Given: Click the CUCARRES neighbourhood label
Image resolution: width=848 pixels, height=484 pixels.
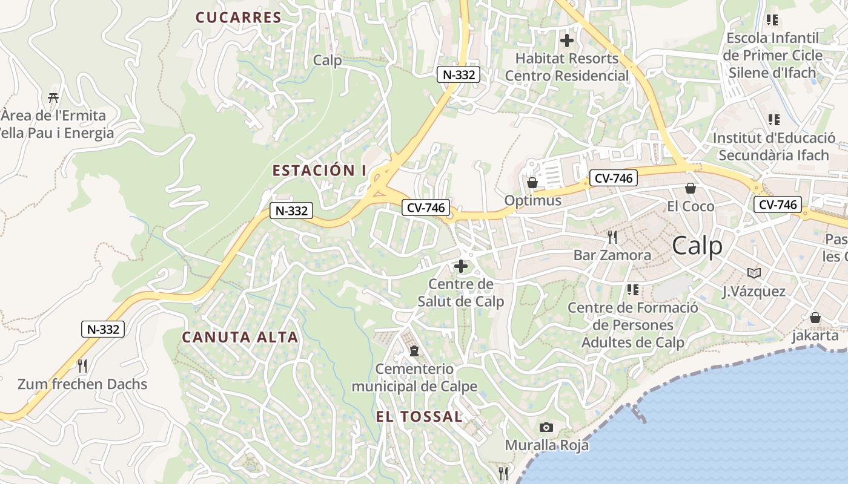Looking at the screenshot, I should (239, 17).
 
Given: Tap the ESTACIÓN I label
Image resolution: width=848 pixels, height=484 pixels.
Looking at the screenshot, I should (319, 171).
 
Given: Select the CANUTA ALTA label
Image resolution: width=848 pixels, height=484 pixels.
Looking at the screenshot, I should (240, 337).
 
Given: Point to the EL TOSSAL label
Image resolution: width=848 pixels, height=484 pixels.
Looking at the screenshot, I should (419, 416).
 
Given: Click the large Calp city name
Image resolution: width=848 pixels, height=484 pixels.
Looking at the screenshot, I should (697, 246).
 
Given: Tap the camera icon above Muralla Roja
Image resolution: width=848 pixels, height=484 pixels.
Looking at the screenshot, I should (546, 427).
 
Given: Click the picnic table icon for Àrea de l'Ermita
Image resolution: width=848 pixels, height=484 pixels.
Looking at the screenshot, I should (53, 97).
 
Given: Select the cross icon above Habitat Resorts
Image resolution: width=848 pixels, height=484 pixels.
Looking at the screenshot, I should (567, 41).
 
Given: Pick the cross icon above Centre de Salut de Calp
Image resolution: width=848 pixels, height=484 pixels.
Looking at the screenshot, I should (461, 266).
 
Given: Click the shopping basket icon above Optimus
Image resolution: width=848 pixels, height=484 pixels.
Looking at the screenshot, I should (532, 182).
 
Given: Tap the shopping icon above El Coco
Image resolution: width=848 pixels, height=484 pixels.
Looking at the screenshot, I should (690, 188).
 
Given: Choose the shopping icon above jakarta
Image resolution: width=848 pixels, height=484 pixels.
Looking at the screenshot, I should (815, 318).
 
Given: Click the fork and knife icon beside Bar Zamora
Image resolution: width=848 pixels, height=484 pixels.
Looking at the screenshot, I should (612, 237).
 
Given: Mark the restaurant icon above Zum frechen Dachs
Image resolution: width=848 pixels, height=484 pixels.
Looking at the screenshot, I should (82, 365).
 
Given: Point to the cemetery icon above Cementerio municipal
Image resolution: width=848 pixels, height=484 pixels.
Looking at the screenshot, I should (414, 350).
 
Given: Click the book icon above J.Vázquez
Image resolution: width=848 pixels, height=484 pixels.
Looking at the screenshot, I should (754, 273).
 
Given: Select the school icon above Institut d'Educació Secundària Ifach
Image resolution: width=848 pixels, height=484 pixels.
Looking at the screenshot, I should (773, 120).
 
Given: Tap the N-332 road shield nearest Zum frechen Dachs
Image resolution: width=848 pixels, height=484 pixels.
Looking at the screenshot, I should (103, 329).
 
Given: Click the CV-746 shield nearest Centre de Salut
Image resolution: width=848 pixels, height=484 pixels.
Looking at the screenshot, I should (426, 208).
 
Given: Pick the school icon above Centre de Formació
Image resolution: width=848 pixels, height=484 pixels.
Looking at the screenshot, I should (633, 290).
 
